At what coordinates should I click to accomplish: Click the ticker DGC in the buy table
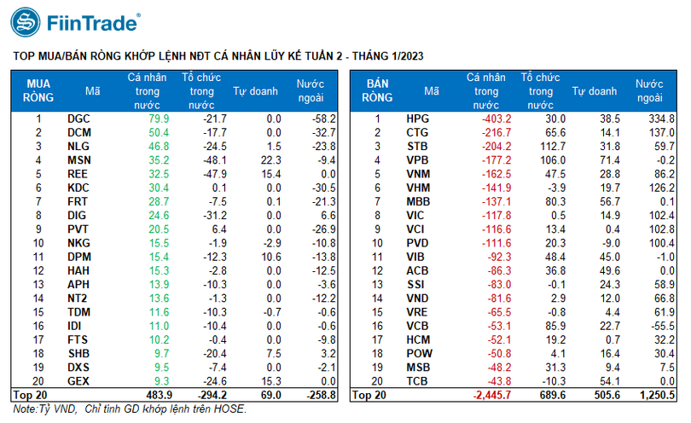[x=78, y=119]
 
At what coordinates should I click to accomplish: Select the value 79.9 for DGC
[x=159, y=119]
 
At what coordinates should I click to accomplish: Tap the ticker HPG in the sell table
[x=417, y=119]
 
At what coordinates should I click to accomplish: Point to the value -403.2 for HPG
[x=495, y=119]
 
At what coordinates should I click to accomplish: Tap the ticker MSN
[x=78, y=159]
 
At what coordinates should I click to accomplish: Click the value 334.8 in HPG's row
[x=662, y=119]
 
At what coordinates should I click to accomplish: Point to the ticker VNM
[x=418, y=173]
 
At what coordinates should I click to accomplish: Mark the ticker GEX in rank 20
[x=78, y=380]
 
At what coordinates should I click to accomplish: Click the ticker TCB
[x=417, y=380]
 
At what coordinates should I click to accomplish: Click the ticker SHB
[x=78, y=353]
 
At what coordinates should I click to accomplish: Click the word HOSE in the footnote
[x=229, y=410]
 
